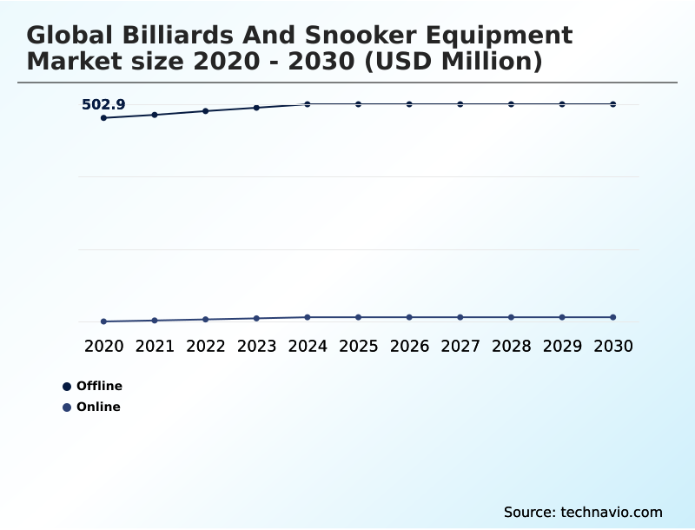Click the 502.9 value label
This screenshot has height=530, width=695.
103,105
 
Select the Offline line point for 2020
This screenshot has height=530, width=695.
103,118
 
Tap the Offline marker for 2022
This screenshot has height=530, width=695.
206,111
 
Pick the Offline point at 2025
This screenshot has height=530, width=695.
358,104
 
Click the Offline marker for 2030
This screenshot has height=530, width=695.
612,104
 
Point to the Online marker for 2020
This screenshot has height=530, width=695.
103,321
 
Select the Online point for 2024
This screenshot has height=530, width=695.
308,317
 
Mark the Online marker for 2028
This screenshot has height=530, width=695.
511,317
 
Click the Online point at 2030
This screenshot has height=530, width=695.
612,317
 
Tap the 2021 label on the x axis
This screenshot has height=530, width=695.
155,346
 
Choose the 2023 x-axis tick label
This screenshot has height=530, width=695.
256,346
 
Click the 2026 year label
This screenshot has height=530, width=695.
409,346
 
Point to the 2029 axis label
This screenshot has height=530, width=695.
562,346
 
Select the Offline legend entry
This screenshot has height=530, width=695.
92,386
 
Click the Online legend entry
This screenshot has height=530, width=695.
91,407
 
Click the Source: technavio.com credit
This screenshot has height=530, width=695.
583,512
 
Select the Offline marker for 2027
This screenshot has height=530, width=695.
460,104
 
